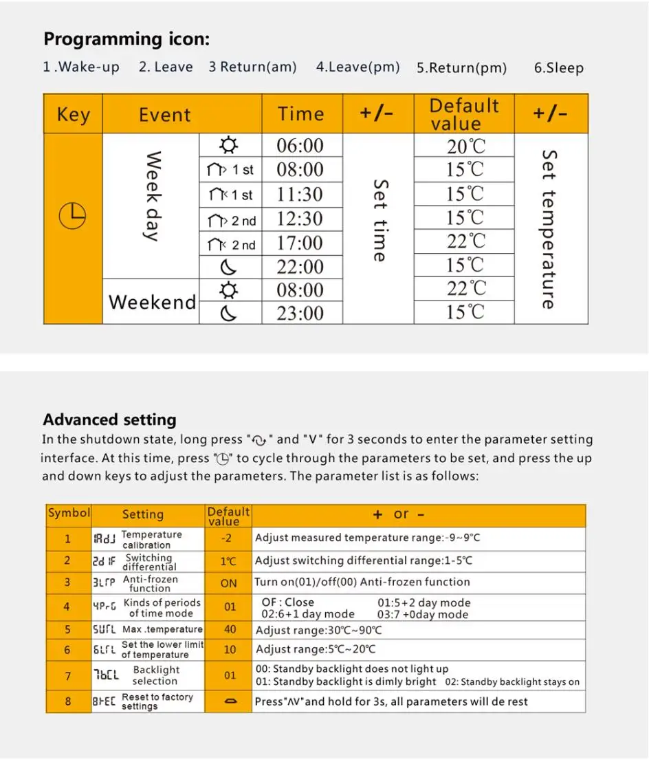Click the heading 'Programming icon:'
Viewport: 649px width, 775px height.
coord(126,39)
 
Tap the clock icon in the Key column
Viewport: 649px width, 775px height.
coord(72,217)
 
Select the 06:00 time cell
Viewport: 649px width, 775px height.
coord(300,146)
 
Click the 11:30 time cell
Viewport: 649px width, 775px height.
coord(300,195)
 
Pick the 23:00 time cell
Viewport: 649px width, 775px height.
coord(300,314)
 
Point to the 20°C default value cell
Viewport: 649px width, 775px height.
coord(465,146)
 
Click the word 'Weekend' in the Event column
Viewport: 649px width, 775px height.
coord(152,302)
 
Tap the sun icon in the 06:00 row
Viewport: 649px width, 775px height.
coord(229,146)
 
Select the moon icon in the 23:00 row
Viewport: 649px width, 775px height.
coord(229,314)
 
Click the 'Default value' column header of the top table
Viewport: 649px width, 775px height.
coord(464,114)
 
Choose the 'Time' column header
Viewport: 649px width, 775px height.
coord(300,114)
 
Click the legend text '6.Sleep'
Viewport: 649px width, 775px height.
coord(558,68)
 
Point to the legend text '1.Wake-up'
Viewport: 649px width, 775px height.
coord(80,67)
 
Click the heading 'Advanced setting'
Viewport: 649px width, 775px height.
coord(109,419)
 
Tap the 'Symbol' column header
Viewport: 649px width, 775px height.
coord(69,513)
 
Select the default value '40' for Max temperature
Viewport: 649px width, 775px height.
coord(230,629)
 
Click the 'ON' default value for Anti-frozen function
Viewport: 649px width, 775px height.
coord(229,583)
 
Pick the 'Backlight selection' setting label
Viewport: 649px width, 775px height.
coord(155,675)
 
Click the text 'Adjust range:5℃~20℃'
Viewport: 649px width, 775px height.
coord(316,649)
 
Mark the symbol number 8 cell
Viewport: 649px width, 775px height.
coord(67,702)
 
